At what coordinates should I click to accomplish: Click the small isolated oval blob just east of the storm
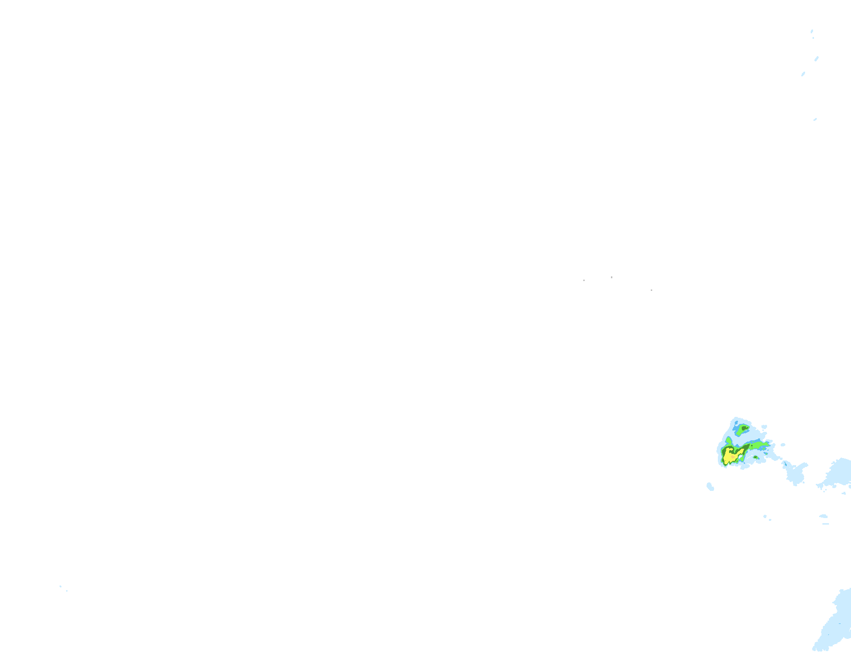[x=783, y=445]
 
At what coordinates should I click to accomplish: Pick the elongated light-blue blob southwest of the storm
[x=710, y=487]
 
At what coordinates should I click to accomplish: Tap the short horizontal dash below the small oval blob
[x=825, y=524]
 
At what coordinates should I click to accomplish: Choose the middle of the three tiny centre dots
[x=611, y=277]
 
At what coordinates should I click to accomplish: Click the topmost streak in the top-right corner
[x=812, y=31]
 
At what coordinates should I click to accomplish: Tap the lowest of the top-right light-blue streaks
[x=815, y=119]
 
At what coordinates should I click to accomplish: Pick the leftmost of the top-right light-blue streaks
[x=803, y=74]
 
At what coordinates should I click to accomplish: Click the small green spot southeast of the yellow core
[x=755, y=457]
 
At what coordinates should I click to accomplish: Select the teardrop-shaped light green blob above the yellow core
[x=729, y=441]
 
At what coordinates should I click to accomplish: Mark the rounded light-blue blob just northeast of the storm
[x=764, y=427]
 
